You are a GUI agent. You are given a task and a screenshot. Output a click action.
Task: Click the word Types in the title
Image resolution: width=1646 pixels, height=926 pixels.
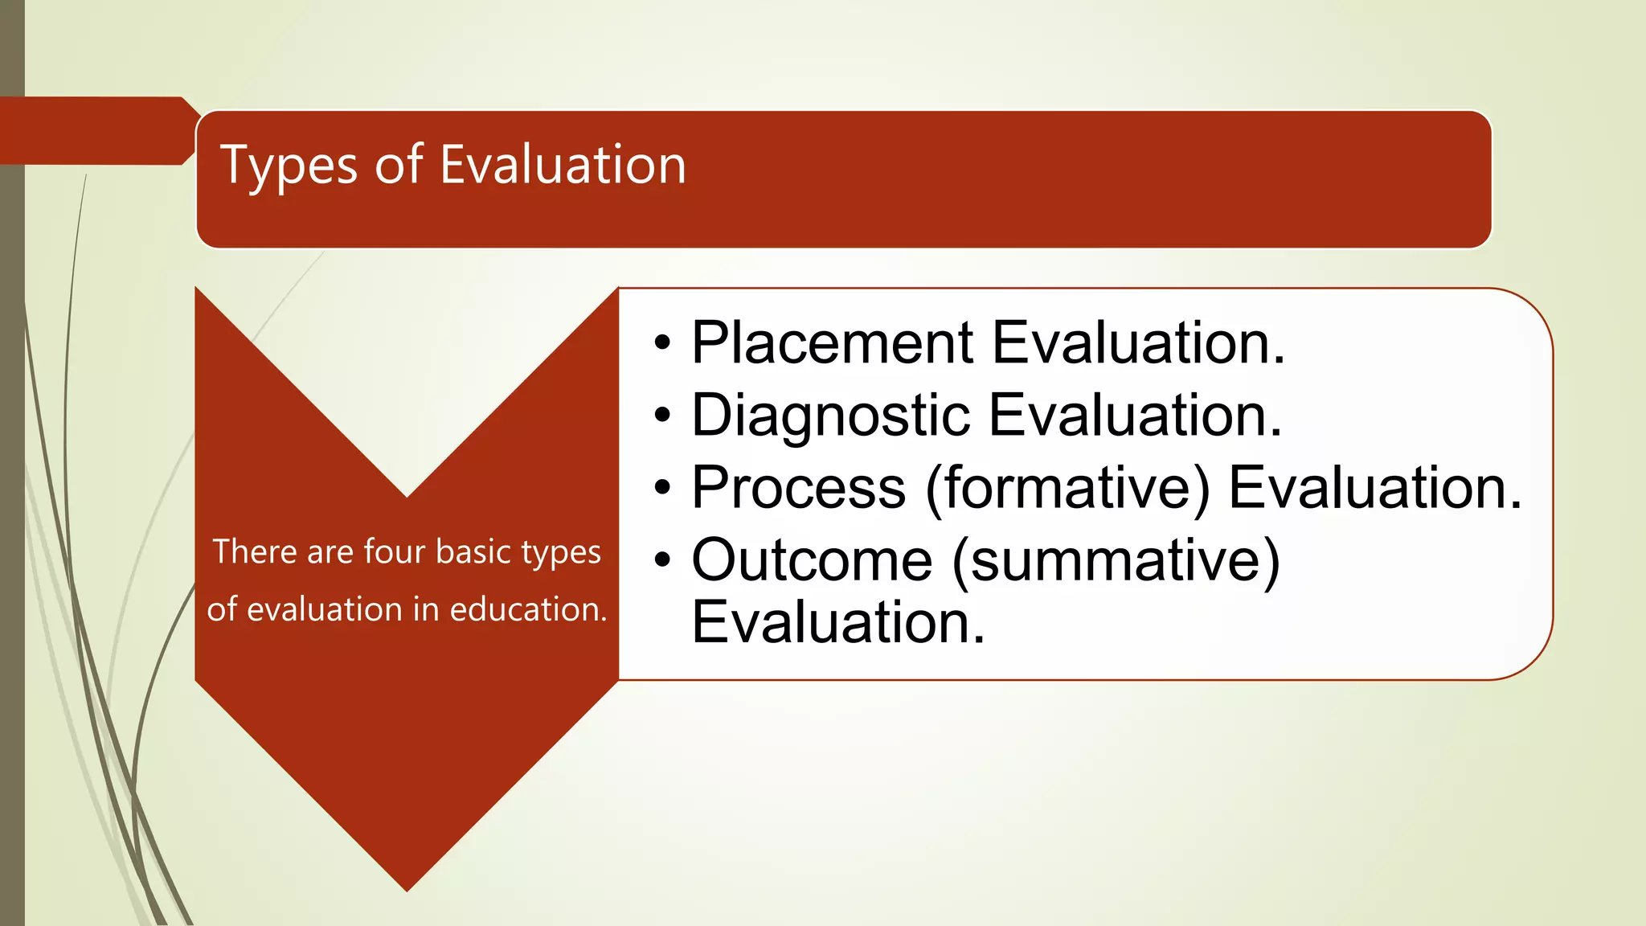point(288,166)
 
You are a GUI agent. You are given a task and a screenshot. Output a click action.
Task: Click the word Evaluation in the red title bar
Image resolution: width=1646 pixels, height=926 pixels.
point(563,165)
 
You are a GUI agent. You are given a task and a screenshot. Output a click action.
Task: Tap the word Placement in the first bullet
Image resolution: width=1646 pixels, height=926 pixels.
point(833,343)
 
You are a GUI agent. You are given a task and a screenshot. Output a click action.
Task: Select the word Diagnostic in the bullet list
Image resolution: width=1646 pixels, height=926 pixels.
point(830,416)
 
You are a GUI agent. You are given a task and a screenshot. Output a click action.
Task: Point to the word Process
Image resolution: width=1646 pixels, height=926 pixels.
point(799,488)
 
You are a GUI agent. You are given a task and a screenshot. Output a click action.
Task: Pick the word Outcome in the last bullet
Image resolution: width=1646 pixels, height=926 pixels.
point(812,560)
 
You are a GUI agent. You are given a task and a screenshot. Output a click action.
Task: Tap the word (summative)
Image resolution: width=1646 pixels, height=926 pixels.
point(1116,560)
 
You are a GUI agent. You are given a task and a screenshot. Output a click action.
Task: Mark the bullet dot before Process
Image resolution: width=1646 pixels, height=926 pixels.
point(661,488)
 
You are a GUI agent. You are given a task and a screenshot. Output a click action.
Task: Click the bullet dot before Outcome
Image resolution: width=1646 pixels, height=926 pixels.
point(661,560)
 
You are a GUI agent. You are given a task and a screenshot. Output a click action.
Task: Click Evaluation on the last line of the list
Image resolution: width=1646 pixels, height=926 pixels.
point(837,623)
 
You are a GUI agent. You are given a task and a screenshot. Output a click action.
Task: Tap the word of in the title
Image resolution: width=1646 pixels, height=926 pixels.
point(398,165)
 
